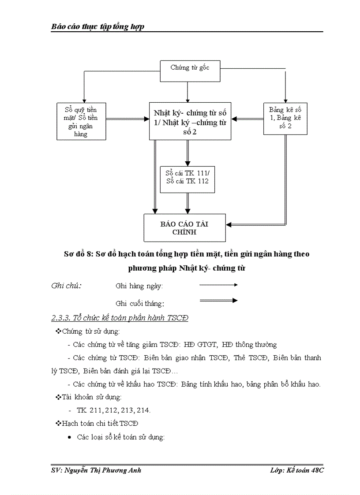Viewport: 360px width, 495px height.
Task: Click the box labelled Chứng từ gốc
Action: point(190,71)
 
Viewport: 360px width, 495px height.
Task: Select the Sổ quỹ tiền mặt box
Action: point(82,121)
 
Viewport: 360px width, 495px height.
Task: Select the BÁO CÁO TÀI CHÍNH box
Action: point(184,227)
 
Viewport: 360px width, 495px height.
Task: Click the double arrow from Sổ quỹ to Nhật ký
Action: point(127,119)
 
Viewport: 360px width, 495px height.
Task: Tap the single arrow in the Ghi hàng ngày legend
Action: point(218,285)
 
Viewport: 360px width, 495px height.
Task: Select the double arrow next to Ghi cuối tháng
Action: point(218,301)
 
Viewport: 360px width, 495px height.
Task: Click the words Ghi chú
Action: point(66,285)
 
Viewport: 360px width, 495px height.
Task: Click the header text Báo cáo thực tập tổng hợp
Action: point(98,27)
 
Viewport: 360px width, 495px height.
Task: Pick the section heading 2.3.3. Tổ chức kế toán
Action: point(120,318)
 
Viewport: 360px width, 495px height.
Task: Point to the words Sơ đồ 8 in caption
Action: point(79,254)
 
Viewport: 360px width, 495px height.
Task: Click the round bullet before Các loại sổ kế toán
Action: point(69,437)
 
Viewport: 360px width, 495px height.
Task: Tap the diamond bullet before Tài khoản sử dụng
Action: point(58,397)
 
